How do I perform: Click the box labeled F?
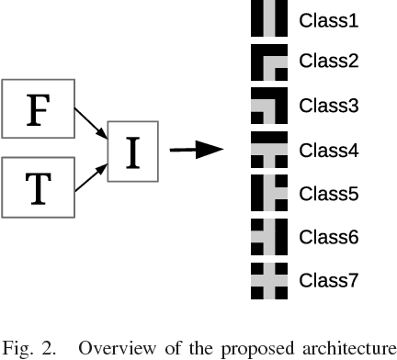37,110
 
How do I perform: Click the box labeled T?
37,187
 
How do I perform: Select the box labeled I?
133,150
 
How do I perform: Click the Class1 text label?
329,19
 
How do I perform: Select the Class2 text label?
329,62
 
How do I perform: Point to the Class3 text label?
329,106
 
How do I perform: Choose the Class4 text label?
329,150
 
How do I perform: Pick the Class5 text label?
329,193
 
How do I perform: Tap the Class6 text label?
329,236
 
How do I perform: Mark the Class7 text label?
329,279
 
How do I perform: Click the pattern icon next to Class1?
269,19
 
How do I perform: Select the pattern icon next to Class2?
269,62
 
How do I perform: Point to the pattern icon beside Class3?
269,106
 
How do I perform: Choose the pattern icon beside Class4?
269,150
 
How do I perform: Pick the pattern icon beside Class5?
269,193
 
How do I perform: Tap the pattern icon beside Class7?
269,279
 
